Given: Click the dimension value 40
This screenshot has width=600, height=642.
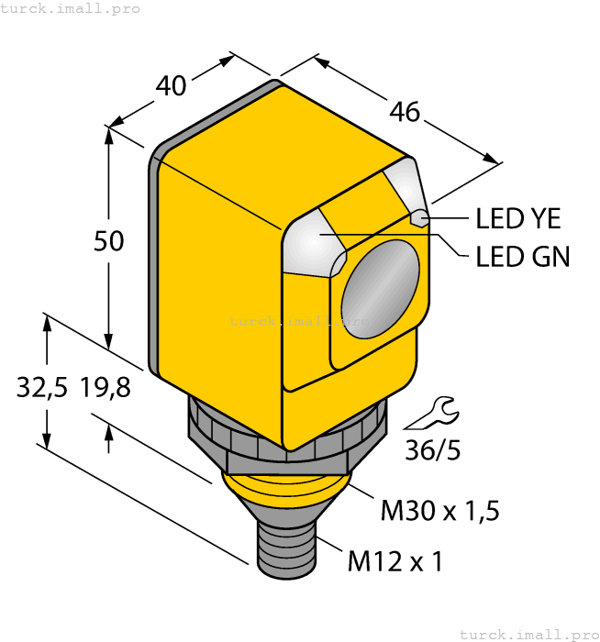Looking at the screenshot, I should click(172, 85).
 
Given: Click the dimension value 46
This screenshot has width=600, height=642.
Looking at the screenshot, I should click(405, 112).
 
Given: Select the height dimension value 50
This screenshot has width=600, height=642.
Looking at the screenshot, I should click(109, 241).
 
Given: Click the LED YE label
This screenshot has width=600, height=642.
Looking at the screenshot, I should click(517, 219).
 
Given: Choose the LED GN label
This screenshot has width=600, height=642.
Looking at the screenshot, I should click(522, 258).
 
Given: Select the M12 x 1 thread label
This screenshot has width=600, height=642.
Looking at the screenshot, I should click(394, 560).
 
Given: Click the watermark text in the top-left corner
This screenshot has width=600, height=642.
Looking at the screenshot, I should click(71, 8).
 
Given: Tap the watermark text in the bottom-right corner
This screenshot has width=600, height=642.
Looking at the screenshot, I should click(529, 634).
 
